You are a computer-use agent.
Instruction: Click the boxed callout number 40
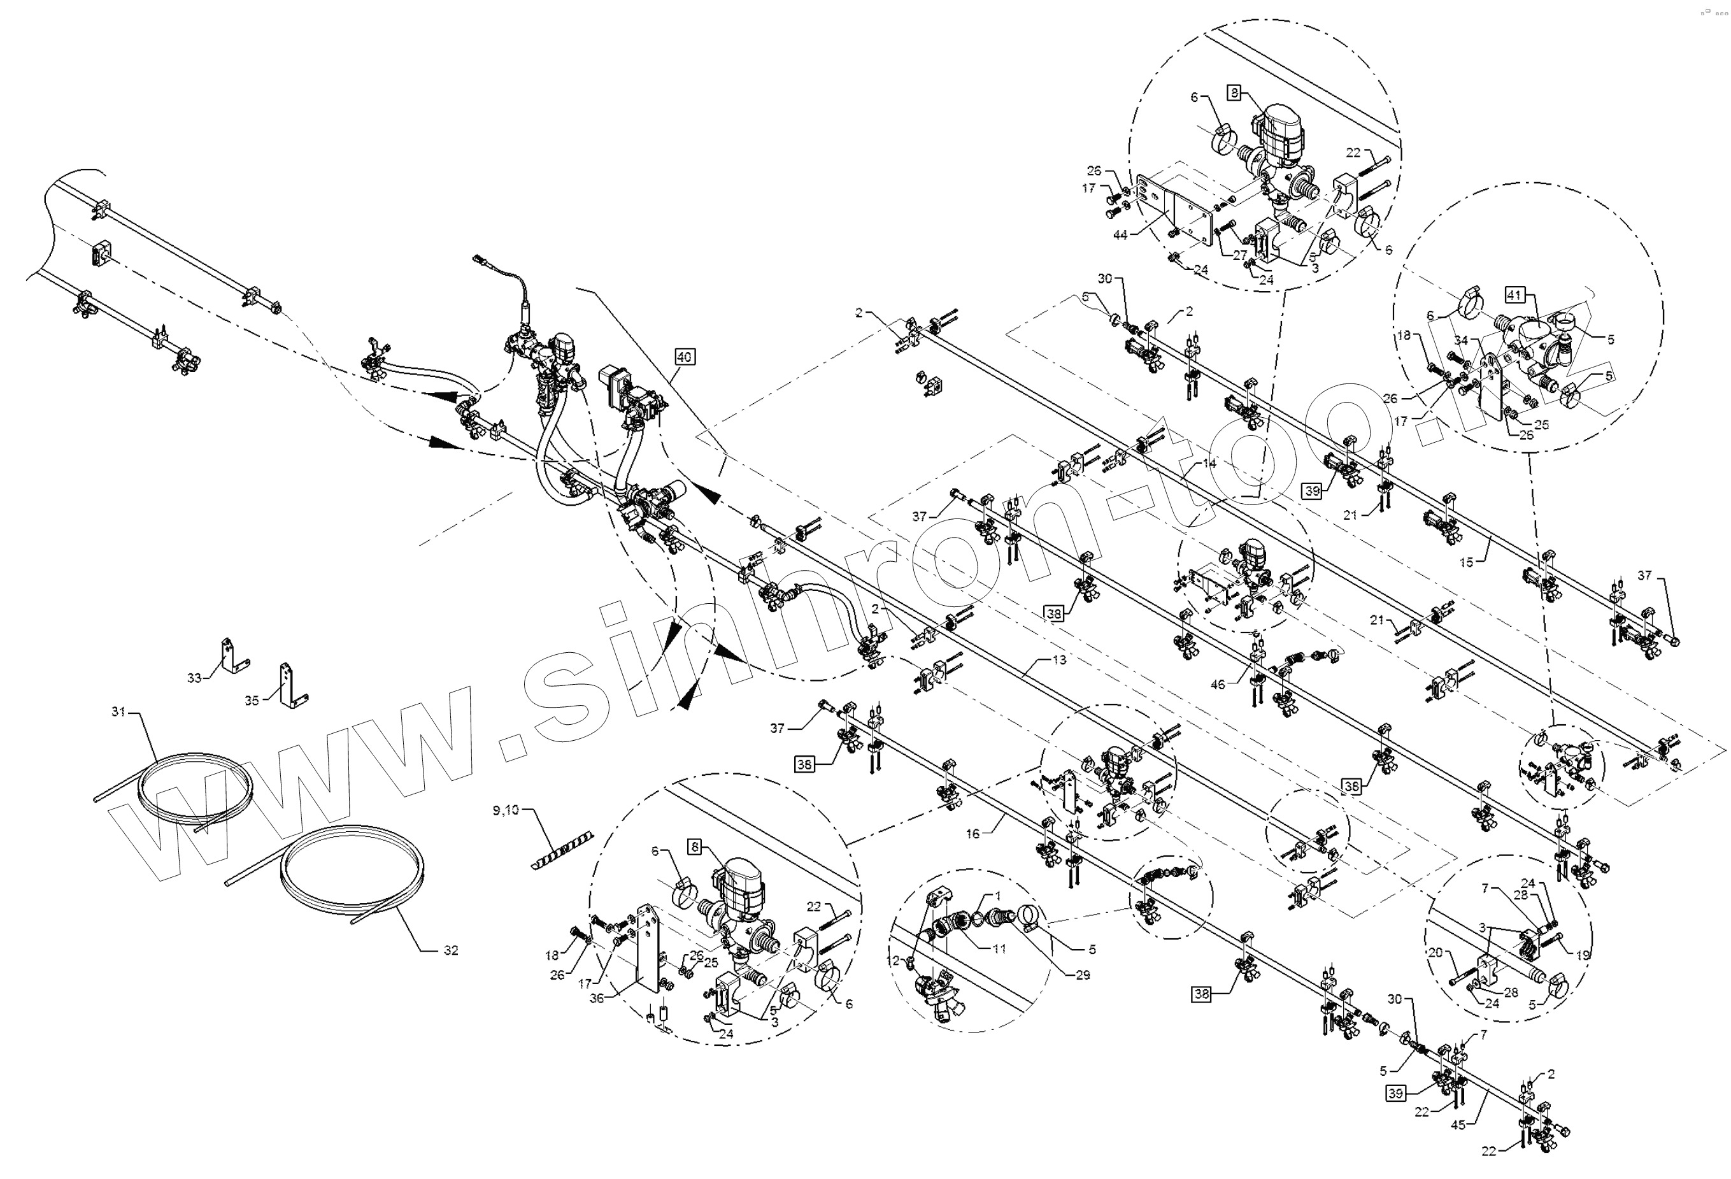(x=684, y=357)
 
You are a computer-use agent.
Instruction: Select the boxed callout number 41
(x=1513, y=295)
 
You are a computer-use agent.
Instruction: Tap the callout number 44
(x=1120, y=234)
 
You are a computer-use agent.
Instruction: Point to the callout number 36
(x=597, y=998)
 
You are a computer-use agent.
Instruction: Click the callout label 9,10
(x=506, y=810)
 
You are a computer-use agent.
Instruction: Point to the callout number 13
(x=1059, y=659)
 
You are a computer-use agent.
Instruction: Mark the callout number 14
(x=1209, y=463)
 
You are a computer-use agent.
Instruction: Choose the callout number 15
(x=1466, y=562)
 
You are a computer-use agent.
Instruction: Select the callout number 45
(x=1458, y=1125)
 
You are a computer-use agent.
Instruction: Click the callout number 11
(x=999, y=949)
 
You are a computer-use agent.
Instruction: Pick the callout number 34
(x=1462, y=340)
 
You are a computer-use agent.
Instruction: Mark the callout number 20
(x=1435, y=952)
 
